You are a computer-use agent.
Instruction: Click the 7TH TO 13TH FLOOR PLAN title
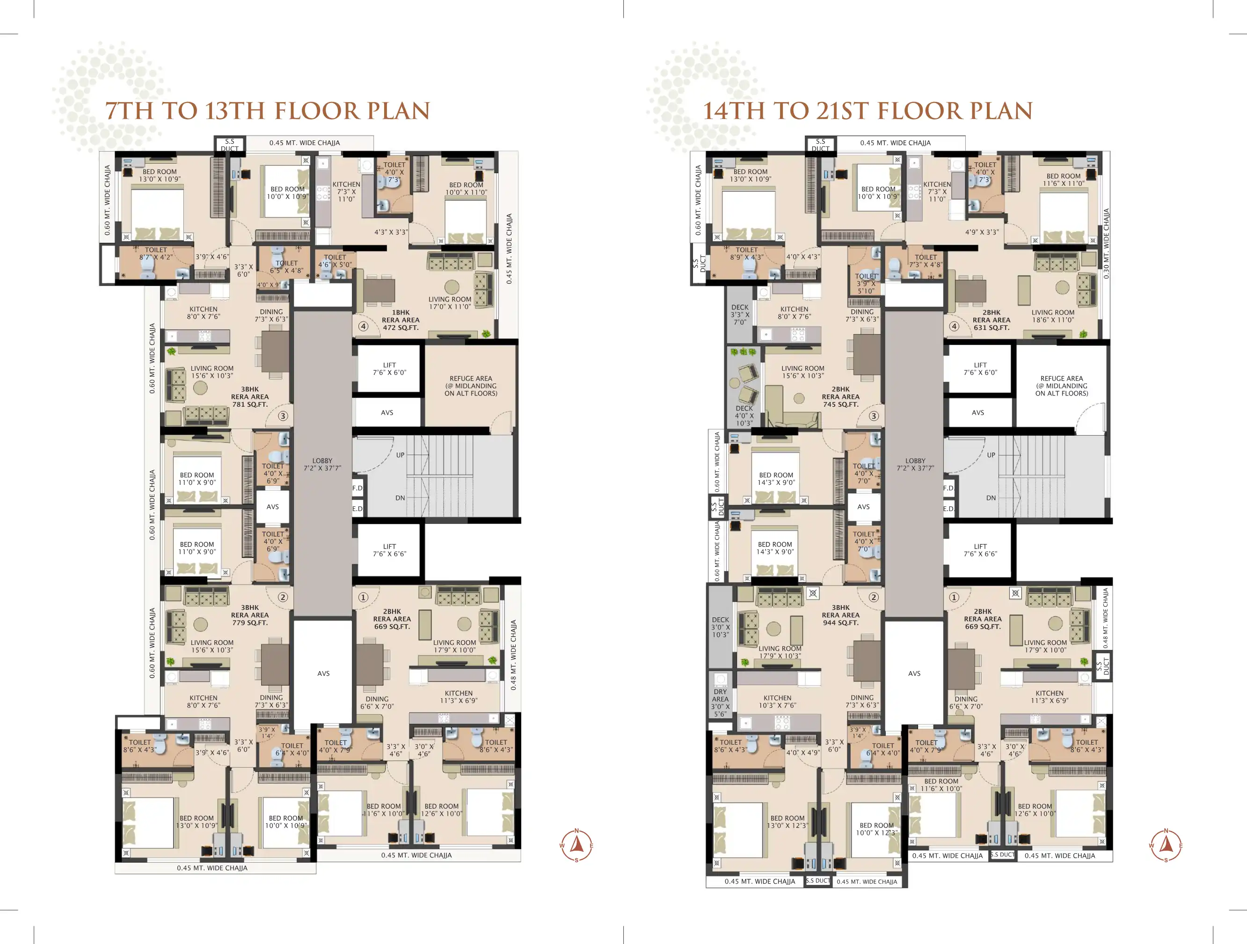tap(268, 111)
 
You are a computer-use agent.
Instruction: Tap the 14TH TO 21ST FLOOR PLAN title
tap(868, 111)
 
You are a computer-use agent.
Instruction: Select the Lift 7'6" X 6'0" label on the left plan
tap(390, 369)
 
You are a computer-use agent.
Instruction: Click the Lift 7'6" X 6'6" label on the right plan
tap(980, 550)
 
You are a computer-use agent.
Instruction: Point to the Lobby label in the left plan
tap(322, 465)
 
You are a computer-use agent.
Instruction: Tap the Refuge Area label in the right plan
tap(1062, 386)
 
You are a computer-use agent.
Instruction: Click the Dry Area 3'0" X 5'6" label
tap(721, 703)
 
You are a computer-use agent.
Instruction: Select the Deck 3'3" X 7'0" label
tap(740, 315)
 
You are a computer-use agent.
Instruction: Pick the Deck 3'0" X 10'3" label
tap(721, 627)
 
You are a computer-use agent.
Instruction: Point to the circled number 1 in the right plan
tap(954, 597)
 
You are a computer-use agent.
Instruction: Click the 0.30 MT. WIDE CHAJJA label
tap(1107, 244)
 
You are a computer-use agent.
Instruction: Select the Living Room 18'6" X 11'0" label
tap(1053, 316)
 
